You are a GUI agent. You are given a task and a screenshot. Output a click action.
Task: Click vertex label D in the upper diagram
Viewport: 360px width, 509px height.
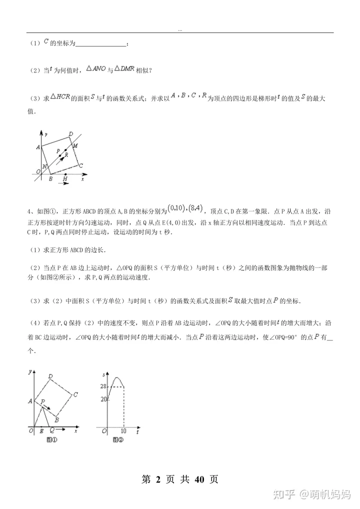pos(71,133)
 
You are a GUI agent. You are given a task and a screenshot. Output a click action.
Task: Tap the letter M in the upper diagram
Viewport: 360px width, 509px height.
pos(75,145)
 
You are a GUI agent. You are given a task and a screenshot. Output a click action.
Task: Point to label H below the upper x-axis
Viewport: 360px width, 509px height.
pos(65,179)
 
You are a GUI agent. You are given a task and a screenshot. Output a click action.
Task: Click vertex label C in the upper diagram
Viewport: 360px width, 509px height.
pos(80,165)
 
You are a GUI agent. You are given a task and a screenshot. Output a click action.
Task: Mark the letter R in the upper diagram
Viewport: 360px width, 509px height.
pos(66,155)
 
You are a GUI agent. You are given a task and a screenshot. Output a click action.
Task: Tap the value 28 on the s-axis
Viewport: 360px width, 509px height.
pos(103,386)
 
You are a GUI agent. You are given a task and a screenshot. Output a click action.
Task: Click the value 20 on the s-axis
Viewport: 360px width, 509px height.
pos(103,399)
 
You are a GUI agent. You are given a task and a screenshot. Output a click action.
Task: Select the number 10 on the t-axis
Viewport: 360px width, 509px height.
pos(123,431)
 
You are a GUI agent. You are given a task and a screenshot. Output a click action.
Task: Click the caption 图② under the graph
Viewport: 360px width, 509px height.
pos(117,440)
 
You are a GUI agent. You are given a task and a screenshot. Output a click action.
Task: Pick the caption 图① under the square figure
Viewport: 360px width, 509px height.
pos(51,440)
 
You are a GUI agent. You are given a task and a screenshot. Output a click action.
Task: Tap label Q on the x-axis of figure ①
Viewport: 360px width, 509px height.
pos(51,430)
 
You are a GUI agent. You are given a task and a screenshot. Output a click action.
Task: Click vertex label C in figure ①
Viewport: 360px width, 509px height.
pos(75,394)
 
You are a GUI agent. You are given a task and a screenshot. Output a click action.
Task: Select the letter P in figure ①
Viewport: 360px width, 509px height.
pos(43,401)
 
